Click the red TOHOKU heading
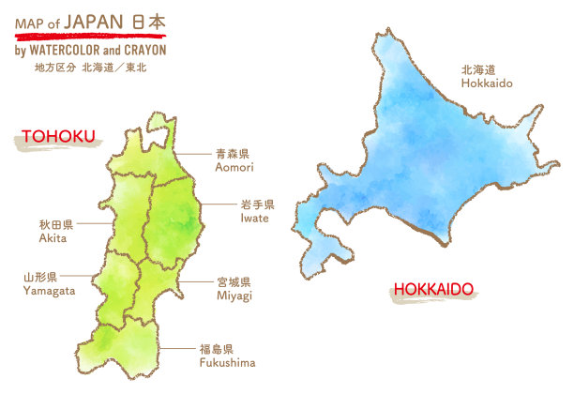coord(59,137)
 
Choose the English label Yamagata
coord(48,292)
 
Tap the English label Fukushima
coord(227,362)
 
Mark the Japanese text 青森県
coord(233,153)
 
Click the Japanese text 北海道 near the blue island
coord(478,69)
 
